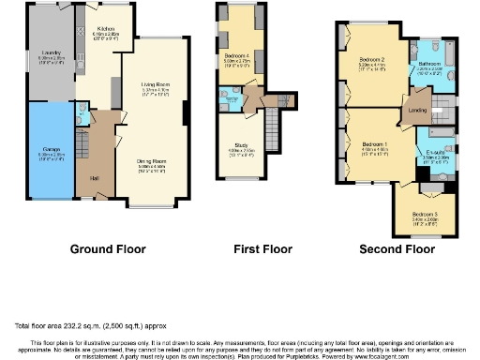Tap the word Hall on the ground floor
tap(94, 177)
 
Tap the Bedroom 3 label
tap(425, 215)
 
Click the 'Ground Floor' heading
tap(106, 250)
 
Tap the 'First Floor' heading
tap(257, 250)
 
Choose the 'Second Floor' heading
tap(397, 250)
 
